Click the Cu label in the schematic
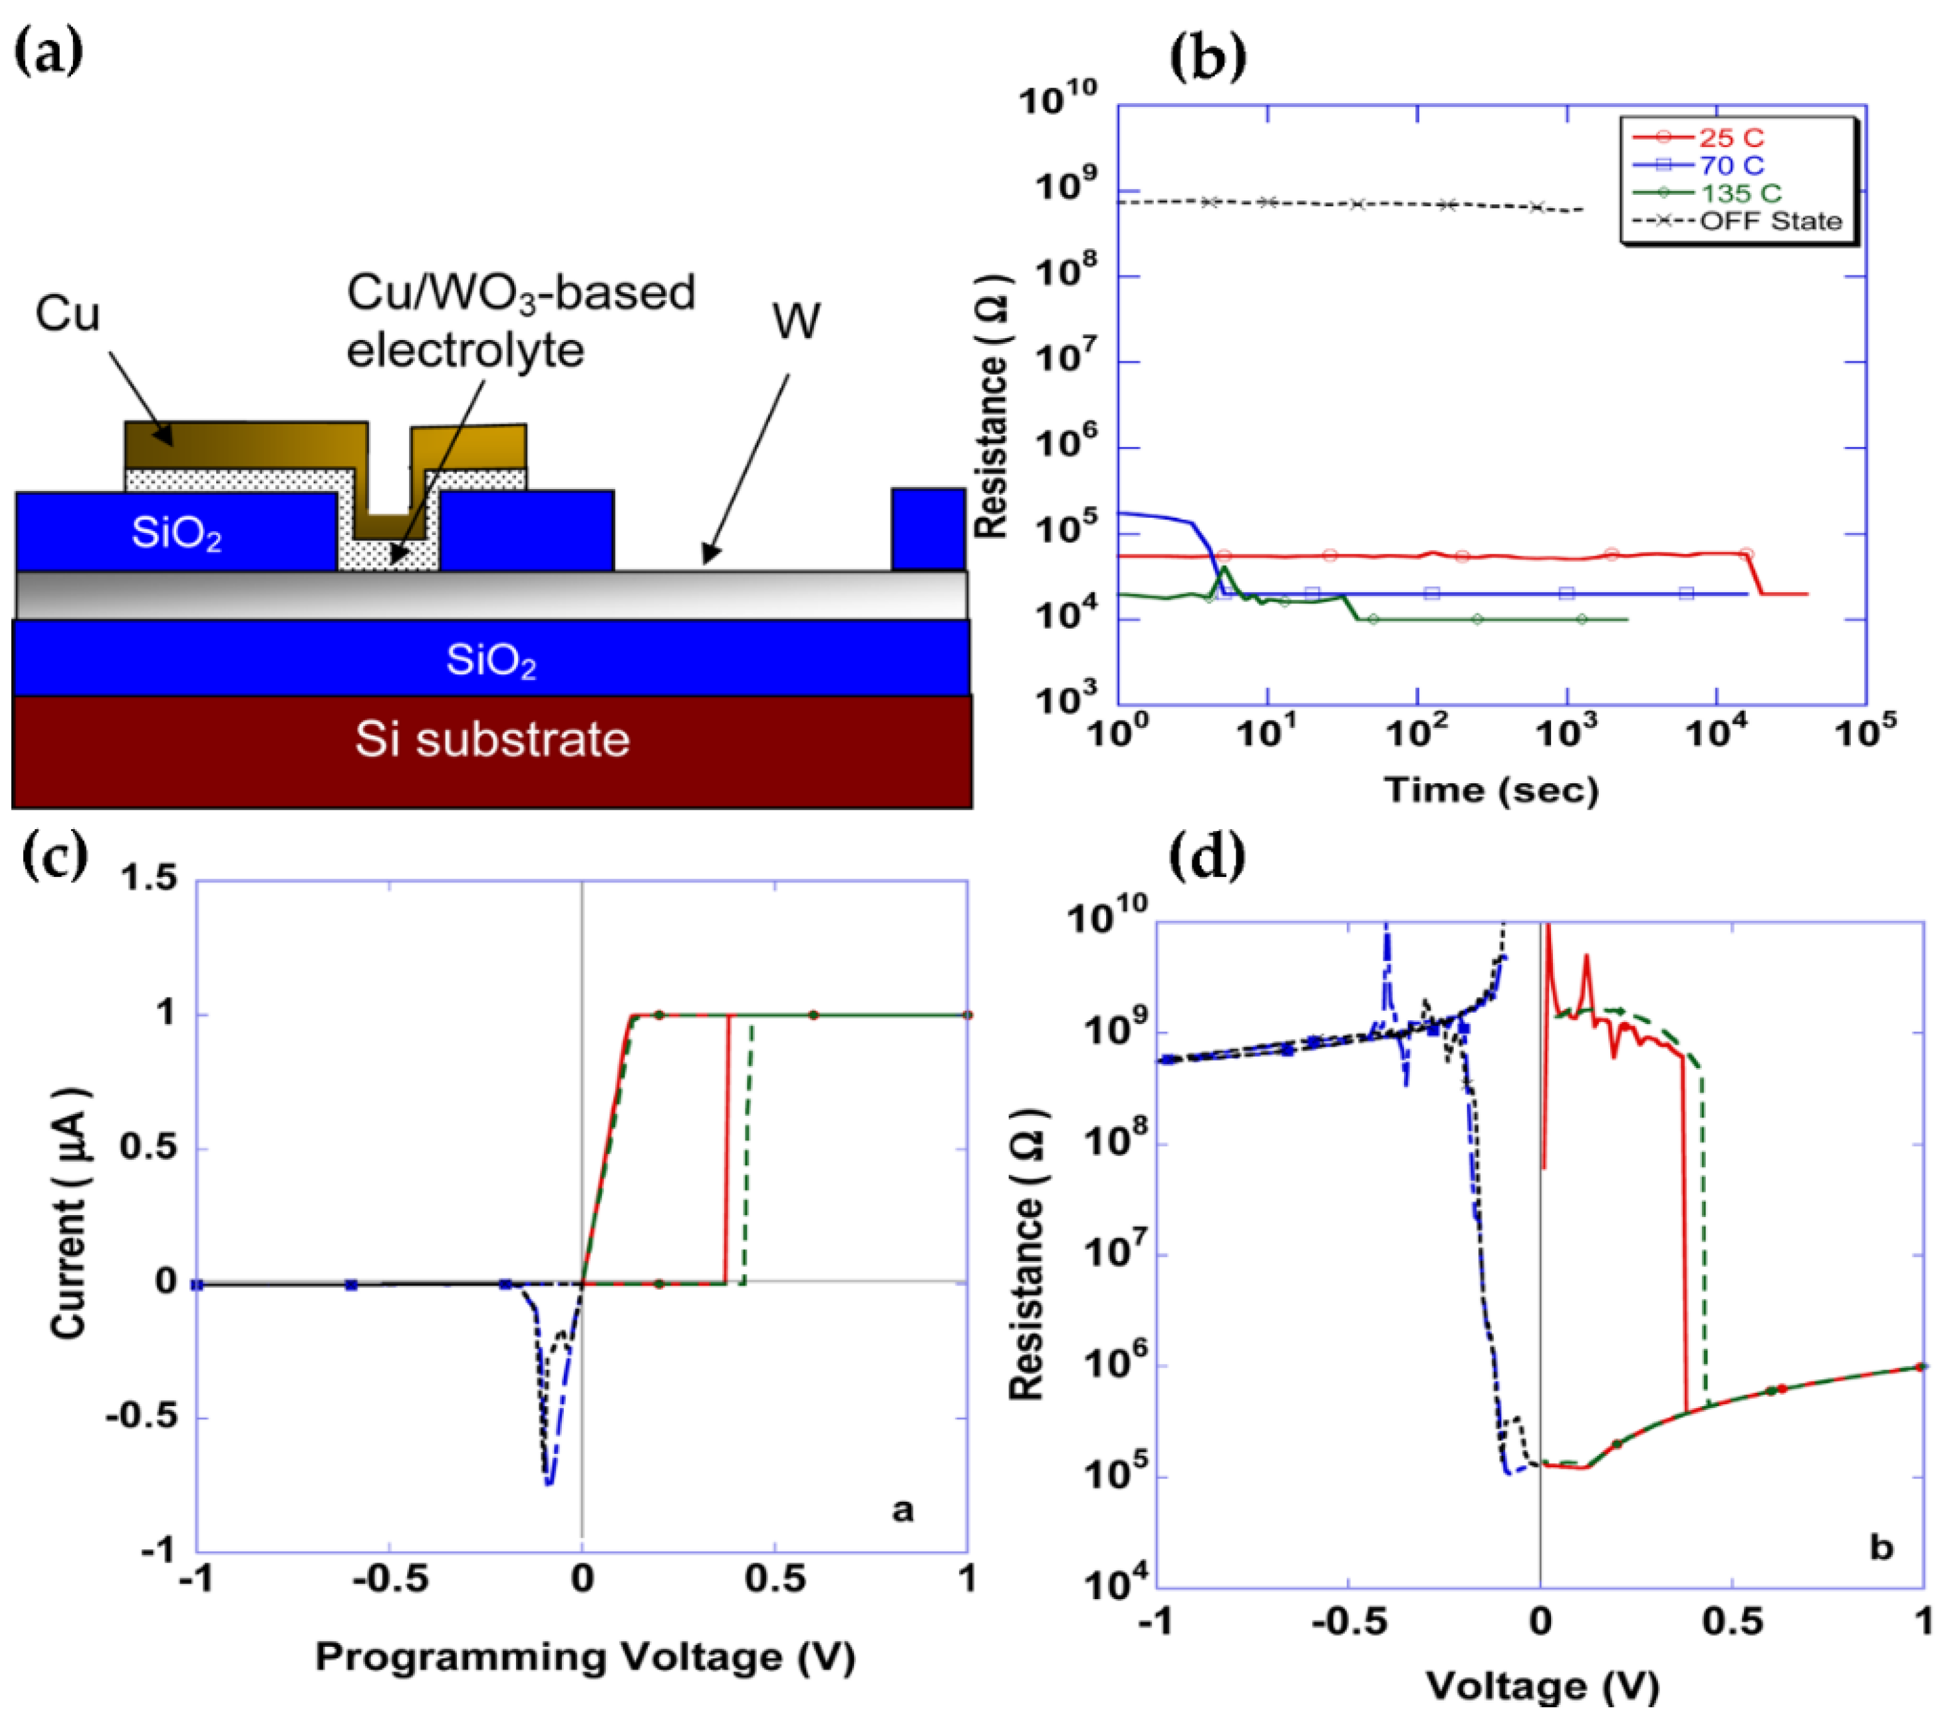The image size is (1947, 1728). point(67,314)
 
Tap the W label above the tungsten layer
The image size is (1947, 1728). point(796,321)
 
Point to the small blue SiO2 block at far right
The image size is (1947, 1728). point(928,530)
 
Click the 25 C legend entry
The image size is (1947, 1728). point(1731,138)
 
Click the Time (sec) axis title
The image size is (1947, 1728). point(1491,790)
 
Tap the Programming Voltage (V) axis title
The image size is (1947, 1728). point(585,1656)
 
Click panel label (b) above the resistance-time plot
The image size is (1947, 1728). point(1207,57)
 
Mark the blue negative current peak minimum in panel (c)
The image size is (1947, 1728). point(549,1483)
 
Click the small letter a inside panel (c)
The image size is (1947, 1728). point(902,1510)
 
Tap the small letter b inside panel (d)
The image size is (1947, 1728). point(1880,1547)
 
